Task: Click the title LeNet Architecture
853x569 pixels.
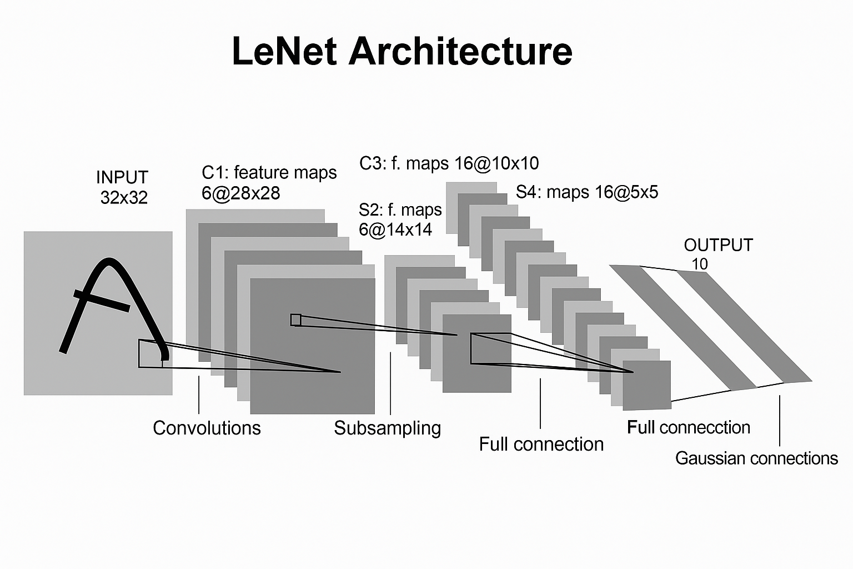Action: pyautogui.click(x=402, y=51)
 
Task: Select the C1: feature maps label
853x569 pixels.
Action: pyautogui.click(x=269, y=173)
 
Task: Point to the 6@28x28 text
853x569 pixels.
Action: pyautogui.click(x=241, y=193)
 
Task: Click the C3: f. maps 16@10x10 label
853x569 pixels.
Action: pyautogui.click(x=449, y=163)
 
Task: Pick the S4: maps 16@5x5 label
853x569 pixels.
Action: pyautogui.click(x=587, y=192)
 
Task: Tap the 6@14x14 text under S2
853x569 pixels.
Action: pyautogui.click(x=395, y=229)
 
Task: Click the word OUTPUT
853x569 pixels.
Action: pyautogui.click(x=718, y=245)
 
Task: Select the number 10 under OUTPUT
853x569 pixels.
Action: pyautogui.click(x=700, y=264)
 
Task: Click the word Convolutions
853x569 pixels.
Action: pyautogui.click(x=207, y=428)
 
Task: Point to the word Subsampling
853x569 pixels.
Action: pyautogui.click(x=388, y=428)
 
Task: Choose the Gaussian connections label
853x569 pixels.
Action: pyautogui.click(x=756, y=458)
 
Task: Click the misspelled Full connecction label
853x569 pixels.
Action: pyautogui.click(x=689, y=427)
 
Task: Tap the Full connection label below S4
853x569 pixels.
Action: pyautogui.click(x=541, y=444)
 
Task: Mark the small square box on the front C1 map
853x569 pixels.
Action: pyautogui.click(x=295, y=320)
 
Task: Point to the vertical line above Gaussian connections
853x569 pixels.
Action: pyautogui.click(x=780, y=421)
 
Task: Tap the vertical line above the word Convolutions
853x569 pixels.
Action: pyautogui.click(x=199, y=395)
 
